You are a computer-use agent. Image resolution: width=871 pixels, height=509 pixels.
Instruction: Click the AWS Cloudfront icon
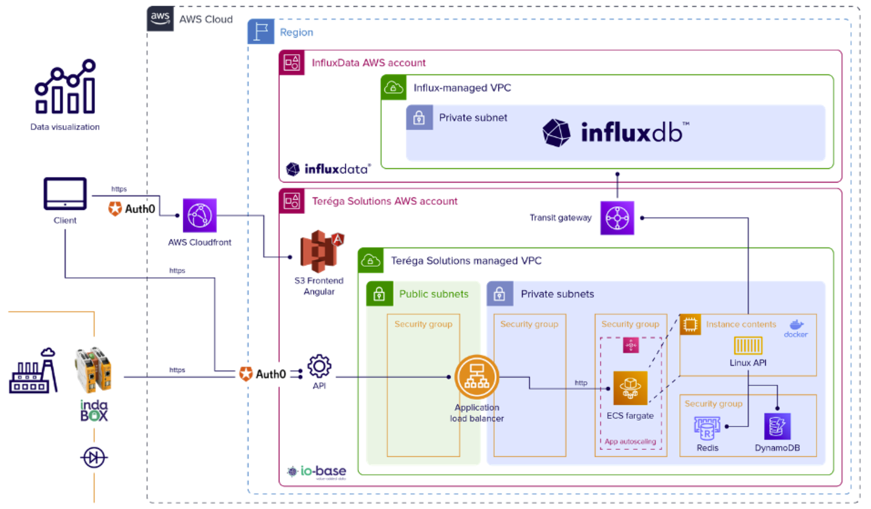click(200, 216)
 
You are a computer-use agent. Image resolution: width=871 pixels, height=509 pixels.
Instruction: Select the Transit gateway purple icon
click(617, 218)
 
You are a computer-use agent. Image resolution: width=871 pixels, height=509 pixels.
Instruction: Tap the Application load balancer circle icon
click(477, 377)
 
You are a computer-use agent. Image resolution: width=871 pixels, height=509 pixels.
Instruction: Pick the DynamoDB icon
click(777, 426)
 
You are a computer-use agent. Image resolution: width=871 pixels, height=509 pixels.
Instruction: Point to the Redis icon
click(707, 428)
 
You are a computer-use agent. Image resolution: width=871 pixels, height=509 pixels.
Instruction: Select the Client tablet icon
click(65, 195)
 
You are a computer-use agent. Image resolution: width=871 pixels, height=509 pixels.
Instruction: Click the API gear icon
click(319, 366)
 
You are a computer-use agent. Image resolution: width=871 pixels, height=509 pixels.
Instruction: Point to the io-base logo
click(317, 471)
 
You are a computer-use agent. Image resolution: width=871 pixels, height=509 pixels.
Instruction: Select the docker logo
click(796, 328)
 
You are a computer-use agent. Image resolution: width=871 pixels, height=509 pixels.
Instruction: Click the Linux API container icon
click(748, 345)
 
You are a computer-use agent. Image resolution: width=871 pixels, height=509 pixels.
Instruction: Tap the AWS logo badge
click(160, 19)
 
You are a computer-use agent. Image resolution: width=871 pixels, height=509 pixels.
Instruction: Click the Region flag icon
click(261, 32)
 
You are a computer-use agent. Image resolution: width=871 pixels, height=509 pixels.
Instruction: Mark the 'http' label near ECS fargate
click(581, 383)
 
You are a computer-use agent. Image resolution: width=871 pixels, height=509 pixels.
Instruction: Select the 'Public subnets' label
click(434, 294)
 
